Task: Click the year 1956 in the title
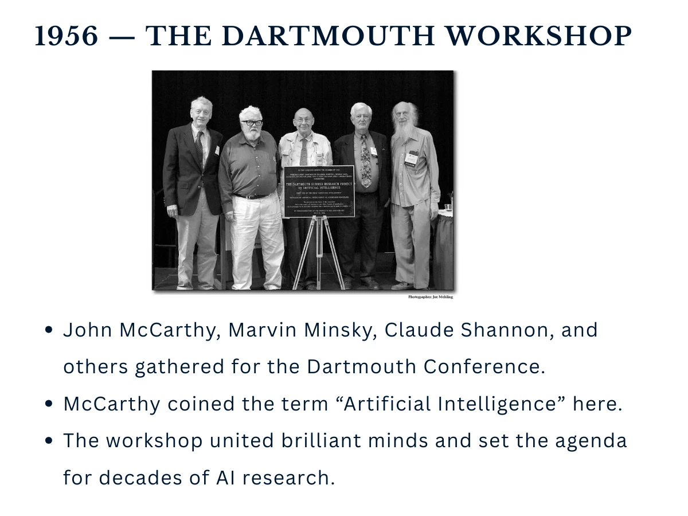66,36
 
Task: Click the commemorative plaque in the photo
319,191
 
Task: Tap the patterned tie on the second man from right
365,161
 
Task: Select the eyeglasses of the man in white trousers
252,123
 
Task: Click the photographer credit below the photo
430,297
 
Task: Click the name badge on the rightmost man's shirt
411,158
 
